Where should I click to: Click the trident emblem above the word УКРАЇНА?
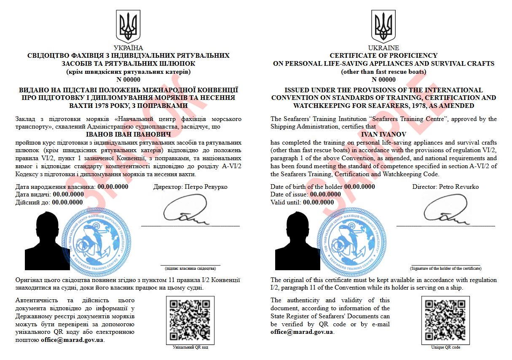click(129, 26)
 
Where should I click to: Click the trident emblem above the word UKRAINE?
click(383, 26)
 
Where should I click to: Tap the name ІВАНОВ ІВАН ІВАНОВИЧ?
click(128, 134)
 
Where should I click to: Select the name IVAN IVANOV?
click(383, 134)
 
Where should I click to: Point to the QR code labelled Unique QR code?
click(445, 320)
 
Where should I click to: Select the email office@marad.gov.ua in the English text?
click(302, 332)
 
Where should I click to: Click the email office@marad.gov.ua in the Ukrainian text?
click(72, 340)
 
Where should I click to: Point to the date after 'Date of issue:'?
click(325, 194)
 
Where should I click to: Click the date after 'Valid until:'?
click(318, 202)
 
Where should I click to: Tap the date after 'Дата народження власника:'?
click(113, 187)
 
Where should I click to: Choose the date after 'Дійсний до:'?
click(67, 202)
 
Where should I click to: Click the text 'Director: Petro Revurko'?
click(445, 187)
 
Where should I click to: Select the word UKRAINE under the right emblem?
click(383, 48)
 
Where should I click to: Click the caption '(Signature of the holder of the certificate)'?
click(445, 268)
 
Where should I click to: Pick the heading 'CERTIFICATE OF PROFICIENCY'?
click(383, 56)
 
